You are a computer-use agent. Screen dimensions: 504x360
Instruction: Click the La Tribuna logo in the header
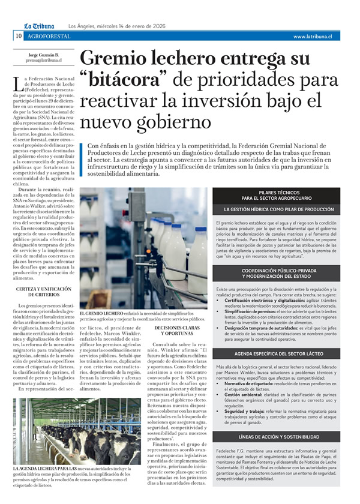(x=39, y=26)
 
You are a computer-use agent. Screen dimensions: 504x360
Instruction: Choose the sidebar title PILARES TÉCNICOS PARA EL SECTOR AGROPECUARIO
(x=276, y=195)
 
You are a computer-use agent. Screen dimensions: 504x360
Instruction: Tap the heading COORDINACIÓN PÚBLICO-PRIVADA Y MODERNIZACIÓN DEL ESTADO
(x=276, y=274)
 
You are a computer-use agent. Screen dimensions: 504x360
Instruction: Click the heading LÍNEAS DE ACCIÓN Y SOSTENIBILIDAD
(x=276, y=437)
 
